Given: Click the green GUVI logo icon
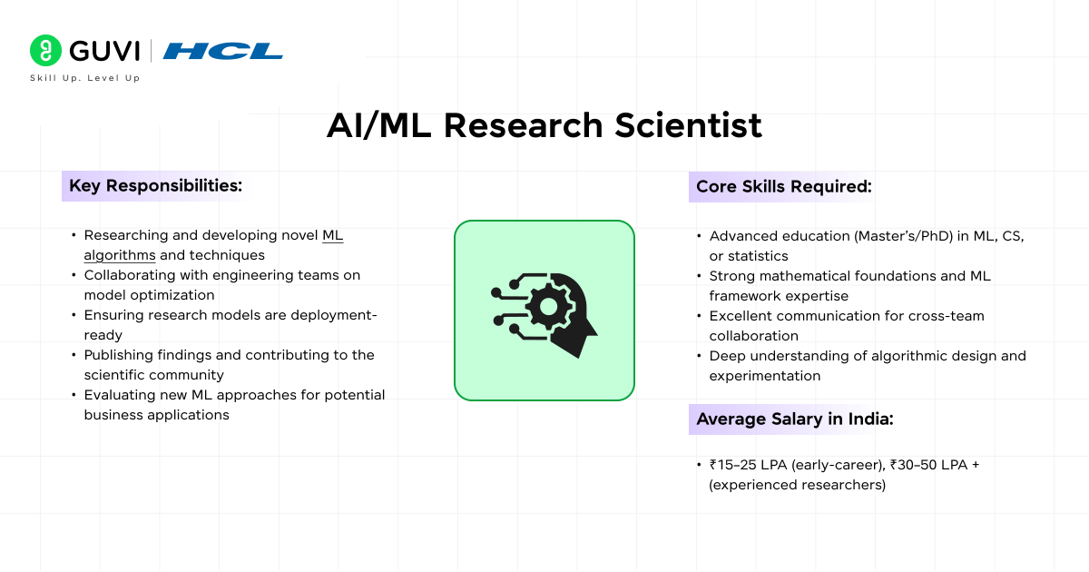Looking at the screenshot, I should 44,50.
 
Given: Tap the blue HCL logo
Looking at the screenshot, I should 222,51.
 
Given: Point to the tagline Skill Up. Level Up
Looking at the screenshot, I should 84,78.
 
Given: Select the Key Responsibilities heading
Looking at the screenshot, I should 155,186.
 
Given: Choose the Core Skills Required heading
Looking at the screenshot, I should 783,186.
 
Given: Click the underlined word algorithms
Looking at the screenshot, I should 120,255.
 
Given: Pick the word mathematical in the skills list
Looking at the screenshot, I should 803,276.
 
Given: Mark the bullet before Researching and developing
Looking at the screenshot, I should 74,236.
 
